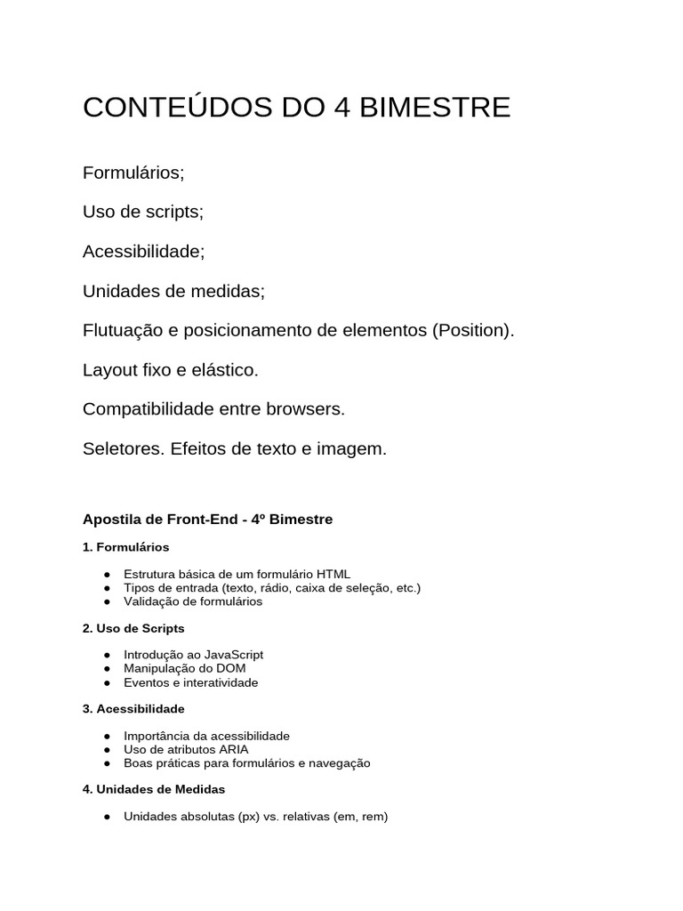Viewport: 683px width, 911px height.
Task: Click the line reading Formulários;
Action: coord(133,173)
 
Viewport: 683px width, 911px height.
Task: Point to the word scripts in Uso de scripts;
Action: coord(173,212)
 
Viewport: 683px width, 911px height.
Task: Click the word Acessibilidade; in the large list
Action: coord(143,251)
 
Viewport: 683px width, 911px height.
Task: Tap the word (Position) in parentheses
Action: coord(473,330)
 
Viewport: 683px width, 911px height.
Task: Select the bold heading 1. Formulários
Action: coord(125,546)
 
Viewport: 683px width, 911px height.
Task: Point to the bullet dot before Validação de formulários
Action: coord(107,601)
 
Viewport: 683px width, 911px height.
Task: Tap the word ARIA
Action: coord(229,749)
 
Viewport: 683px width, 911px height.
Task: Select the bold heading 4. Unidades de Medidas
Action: coord(154,789)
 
